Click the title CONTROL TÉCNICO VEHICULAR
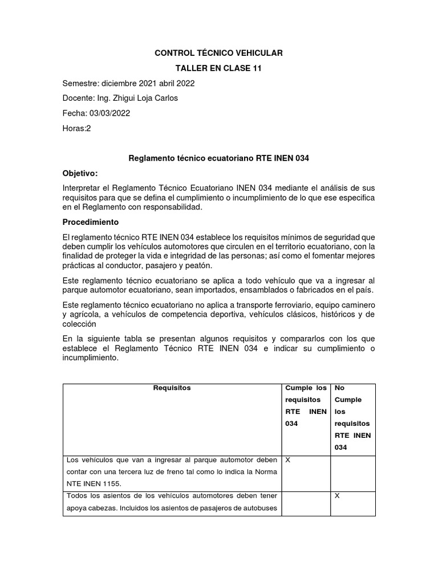[x=219, y=53]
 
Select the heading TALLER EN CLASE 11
[x=219, y=68]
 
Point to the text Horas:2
[x=76, y=128]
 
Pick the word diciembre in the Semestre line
[x=119, y=83]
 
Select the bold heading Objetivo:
[x=80, y=173]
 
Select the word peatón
[x=198, y=266]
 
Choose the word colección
[x=80, y=325]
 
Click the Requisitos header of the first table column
[x=172, y=388]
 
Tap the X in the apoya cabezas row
[x=337, y=496]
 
